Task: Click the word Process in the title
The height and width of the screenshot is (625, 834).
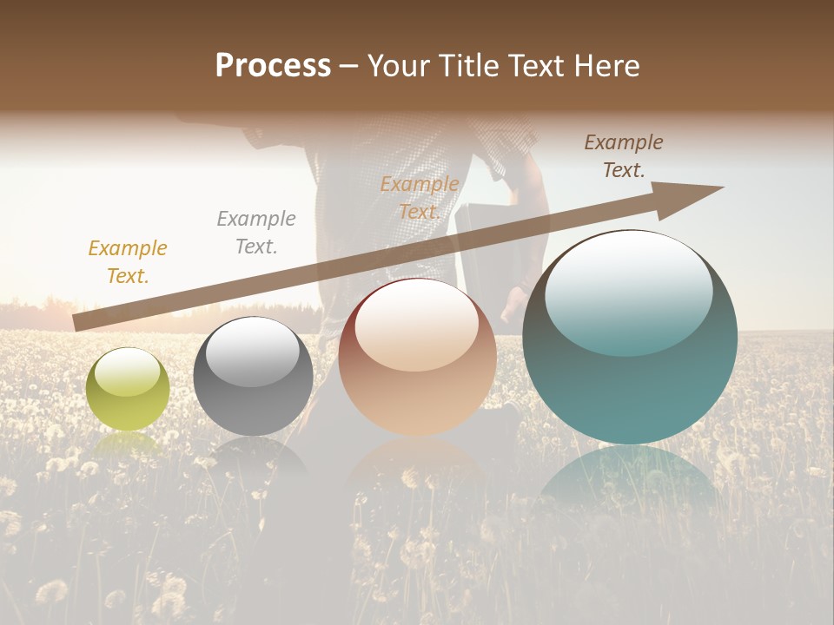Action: pyautogui.click(x=273, y=66)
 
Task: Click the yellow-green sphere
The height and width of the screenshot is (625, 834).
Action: pyautogui.click(x=128, y=390)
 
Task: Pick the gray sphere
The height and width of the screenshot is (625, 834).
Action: pyautogui.click(x=253, y=376)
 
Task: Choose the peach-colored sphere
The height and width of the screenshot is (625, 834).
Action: pyautogui.click(x=417, y=357)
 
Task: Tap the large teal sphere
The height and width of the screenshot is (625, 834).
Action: pyautogui.click(x=630, y=338)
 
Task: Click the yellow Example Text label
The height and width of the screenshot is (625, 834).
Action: pyautogui.click(x=128, y=262)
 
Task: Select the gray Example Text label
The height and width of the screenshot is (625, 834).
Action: pyautogui.click(x=256, y=233)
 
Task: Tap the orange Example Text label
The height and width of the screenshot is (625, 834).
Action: pyautogui.click(x=420, y=198)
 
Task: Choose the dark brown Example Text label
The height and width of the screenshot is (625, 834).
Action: pyautogui.click(x=624, y=156)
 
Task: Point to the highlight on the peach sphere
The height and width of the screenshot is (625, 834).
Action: pyautogui.click(x=417, y=323)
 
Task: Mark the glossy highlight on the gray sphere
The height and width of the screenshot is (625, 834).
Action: pyautogui.click(x=252, y=350)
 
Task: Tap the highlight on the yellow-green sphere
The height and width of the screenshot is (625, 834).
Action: pyautogui.click(x=127, y=372)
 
